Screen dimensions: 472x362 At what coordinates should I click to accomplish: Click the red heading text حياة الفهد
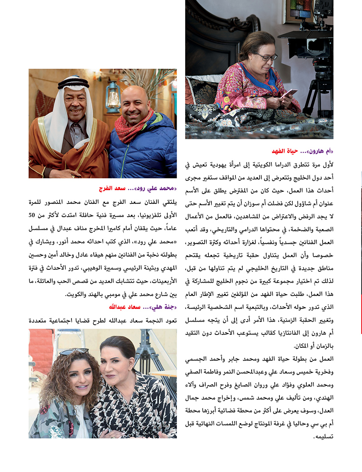(x=287, y=152)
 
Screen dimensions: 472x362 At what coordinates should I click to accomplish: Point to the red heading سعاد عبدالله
(x=125, y=308)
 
